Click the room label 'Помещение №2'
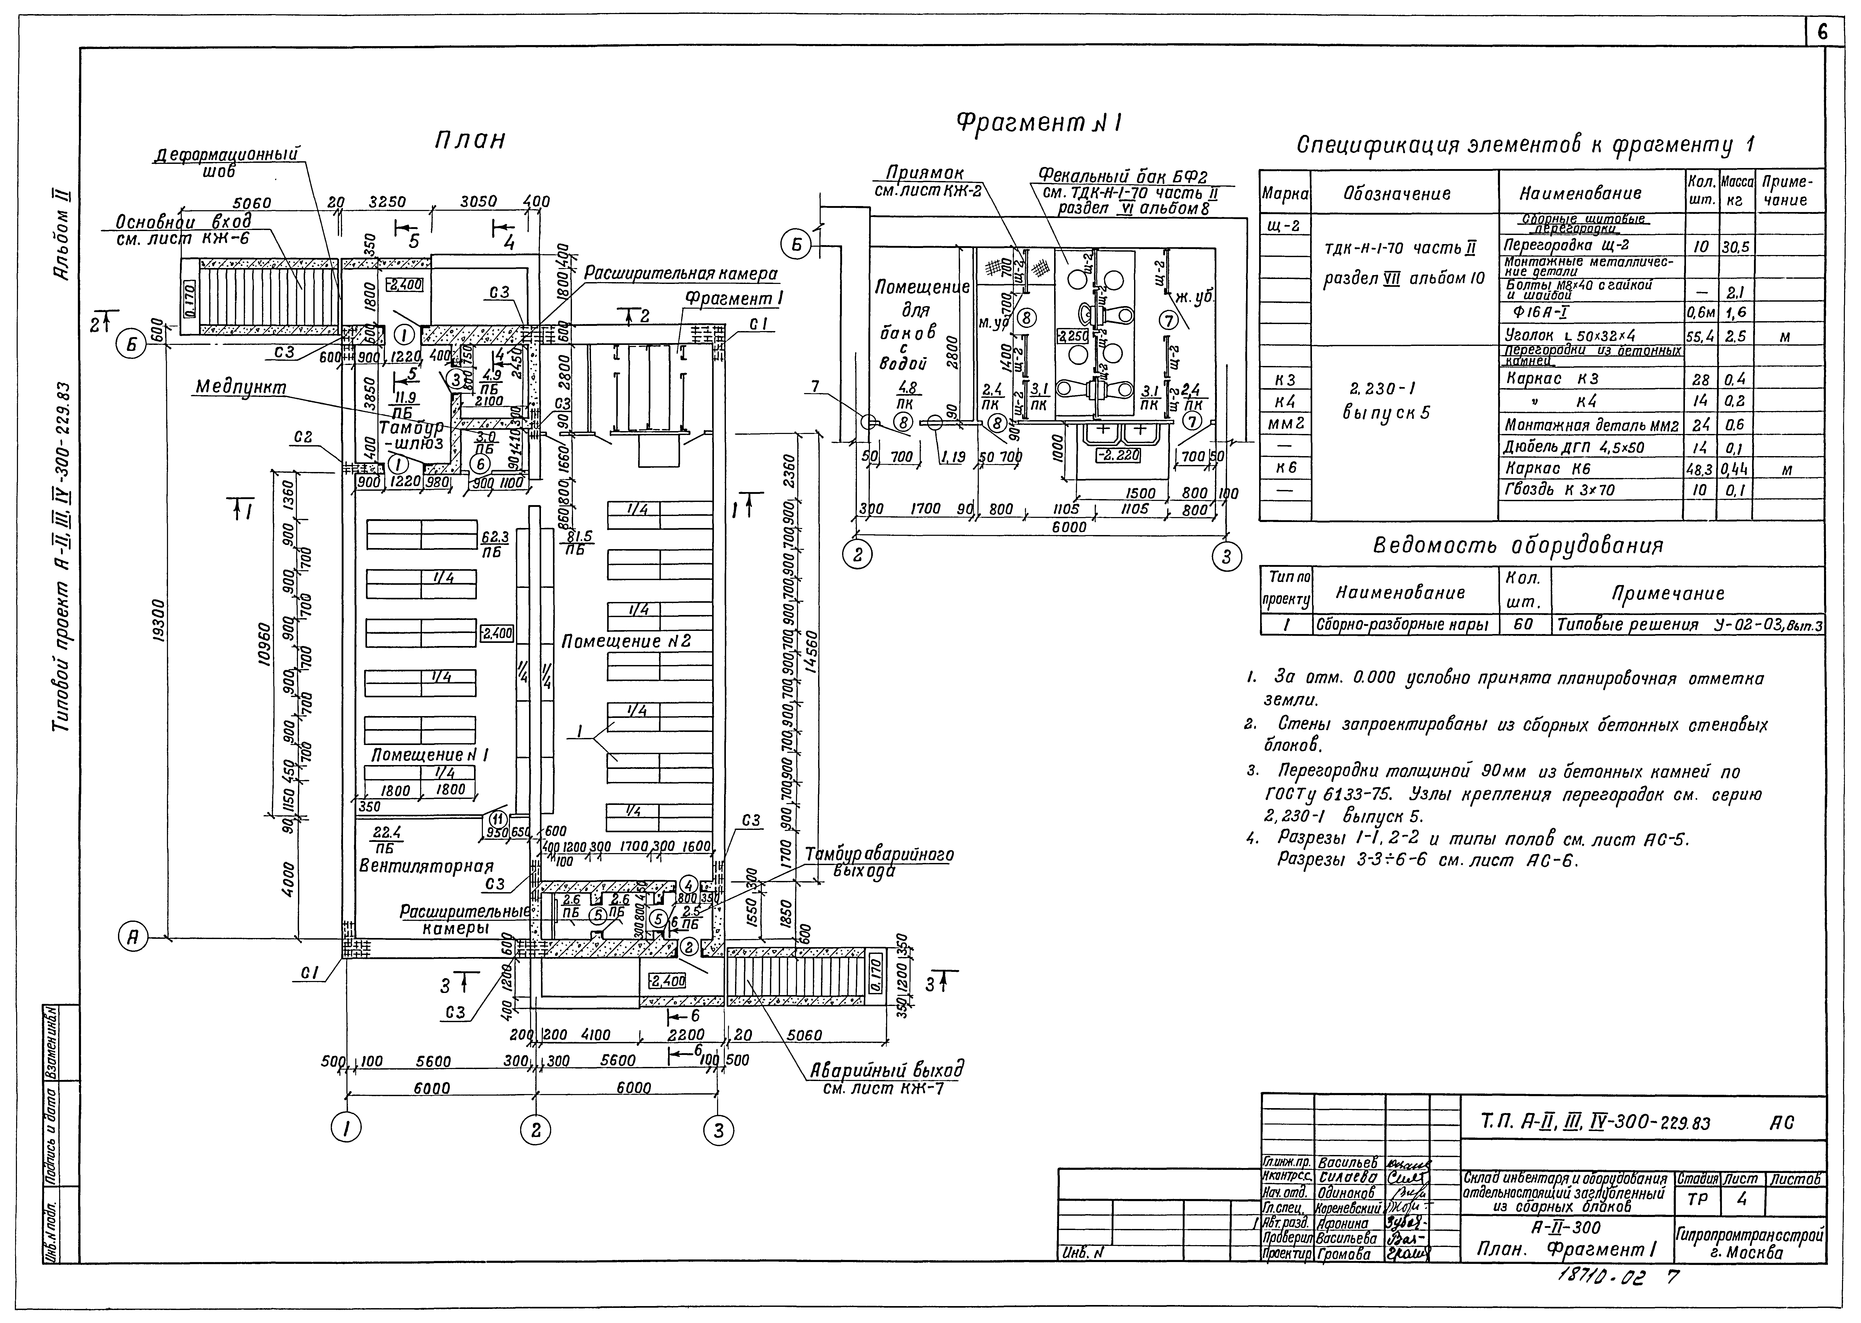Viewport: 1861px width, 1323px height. (625, 641)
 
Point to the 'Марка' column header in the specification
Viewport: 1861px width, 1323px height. (1284, 194)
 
